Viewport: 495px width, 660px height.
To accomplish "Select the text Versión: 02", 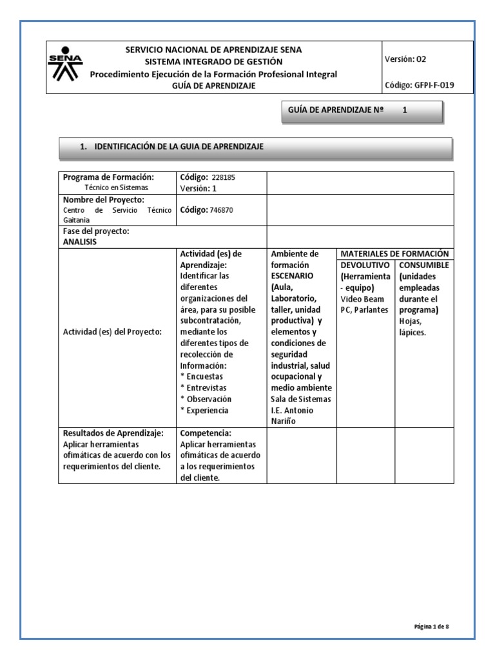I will (x=405, y=59).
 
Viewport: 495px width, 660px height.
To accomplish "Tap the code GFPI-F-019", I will (x=429, y=85).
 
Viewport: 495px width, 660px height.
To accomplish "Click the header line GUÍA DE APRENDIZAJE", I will (x=213, y=85).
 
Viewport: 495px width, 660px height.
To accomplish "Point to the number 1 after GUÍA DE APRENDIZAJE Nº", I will (x=405, y=110).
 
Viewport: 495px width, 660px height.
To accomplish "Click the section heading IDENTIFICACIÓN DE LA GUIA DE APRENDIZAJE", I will (x=179, y=147).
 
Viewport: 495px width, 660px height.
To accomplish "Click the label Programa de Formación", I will (x=108, y=177).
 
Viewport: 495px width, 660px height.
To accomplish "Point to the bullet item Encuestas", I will (x=204, y=376).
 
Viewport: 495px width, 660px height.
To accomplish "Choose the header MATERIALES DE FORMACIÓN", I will (x=394, y=254).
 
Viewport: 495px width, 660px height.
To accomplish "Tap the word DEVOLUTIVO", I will (x=365, y=265).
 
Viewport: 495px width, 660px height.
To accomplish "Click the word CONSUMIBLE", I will (x=424, y=265).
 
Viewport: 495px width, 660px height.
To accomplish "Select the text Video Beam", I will (x=362, y=298).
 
